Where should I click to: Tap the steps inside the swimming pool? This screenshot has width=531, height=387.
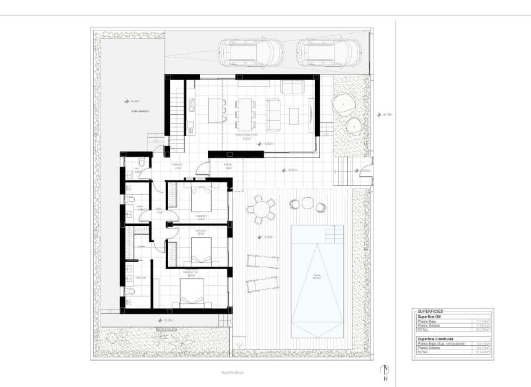tap(334, 234)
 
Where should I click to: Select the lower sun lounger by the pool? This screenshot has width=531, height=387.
tap(261, 284)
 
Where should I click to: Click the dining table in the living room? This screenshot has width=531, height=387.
tap(245, 111)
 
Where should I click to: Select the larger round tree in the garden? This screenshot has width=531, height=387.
tap(344, 103)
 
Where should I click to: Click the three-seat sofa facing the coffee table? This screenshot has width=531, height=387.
tap(274, 114)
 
